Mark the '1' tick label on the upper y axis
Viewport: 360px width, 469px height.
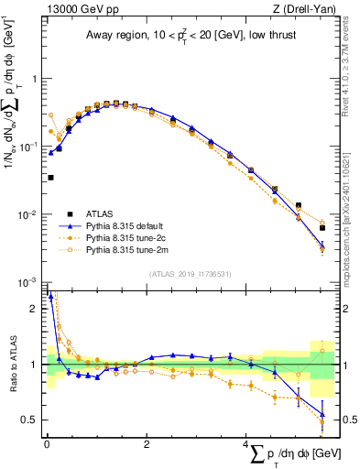tap(35, 79)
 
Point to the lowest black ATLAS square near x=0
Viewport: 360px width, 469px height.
tap(50, 178)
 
